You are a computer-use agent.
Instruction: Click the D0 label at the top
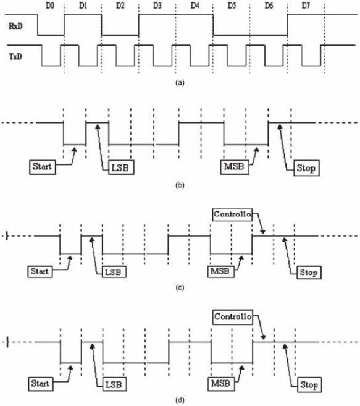coord(50,6)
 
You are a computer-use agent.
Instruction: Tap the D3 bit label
coord(157,6)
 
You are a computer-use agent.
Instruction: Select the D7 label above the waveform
coord(306,6)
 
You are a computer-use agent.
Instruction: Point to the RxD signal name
coord(15,26)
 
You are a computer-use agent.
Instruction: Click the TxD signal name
coord(15,56)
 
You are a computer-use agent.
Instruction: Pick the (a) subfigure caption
coord(180,83)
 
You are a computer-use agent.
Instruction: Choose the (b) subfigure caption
coord(180,185)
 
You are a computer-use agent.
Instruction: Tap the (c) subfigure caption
coord(180,288)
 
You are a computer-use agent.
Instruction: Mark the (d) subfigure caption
coord(180,400)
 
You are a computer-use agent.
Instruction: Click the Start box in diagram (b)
coord(43,167)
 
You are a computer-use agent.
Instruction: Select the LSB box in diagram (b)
coord(121,167)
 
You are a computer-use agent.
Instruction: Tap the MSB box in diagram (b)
coord(235,167)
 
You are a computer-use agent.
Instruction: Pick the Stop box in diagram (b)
coord(306,168)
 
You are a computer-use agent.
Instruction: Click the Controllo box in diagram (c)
coord(232,214)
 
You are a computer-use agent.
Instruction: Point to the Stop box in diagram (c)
coord(309,272)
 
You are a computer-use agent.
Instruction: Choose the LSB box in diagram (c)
coord(114,272)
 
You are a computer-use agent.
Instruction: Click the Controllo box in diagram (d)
coord(233,316)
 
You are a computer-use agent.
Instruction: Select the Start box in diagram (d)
coord(41,384)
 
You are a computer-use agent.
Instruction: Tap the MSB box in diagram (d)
coord(221,384)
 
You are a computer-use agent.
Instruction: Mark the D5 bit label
coord(232,6)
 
